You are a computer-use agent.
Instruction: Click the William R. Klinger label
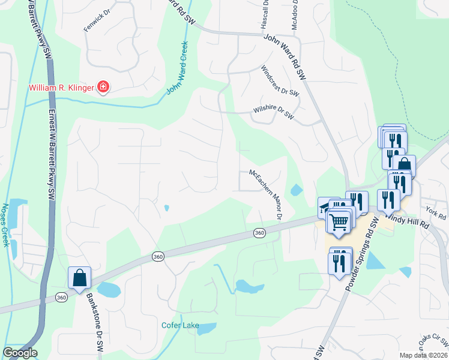point(62,88)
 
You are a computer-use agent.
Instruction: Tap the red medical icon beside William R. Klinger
point(103,88)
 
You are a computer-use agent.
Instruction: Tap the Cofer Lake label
point(180,326)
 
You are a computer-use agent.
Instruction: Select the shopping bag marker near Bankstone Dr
point(79,278)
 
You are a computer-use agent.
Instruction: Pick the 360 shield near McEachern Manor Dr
point(259,233)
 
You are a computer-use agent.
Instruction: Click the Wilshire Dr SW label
point(273,113)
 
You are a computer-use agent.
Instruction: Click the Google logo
point(20,353)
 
